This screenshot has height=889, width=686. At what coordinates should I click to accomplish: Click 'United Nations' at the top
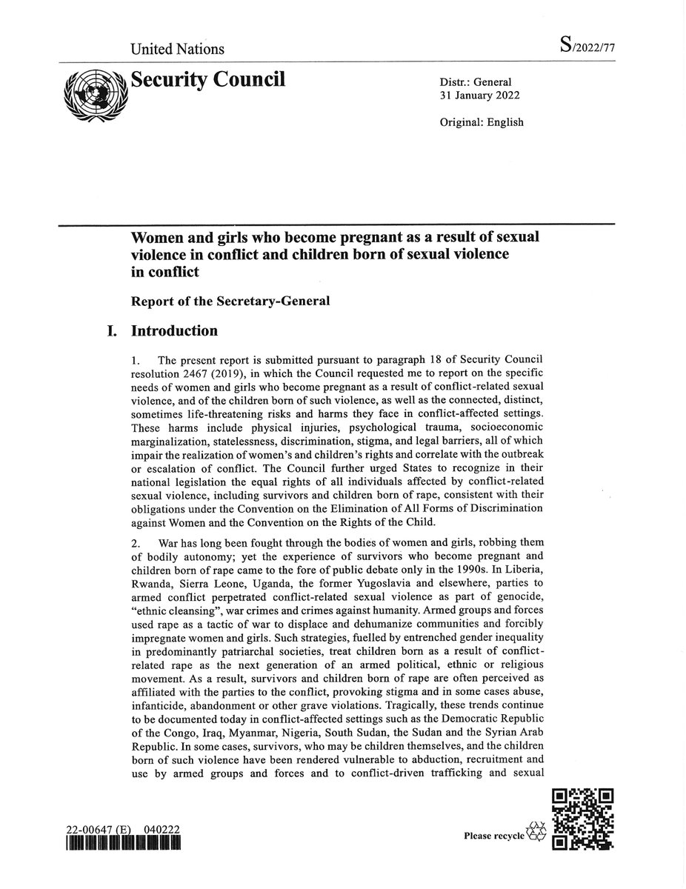click(177, 50)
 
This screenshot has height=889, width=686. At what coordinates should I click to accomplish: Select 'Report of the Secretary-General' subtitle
click(230, 301)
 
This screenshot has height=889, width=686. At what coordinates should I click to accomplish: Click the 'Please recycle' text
click(493, 836)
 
